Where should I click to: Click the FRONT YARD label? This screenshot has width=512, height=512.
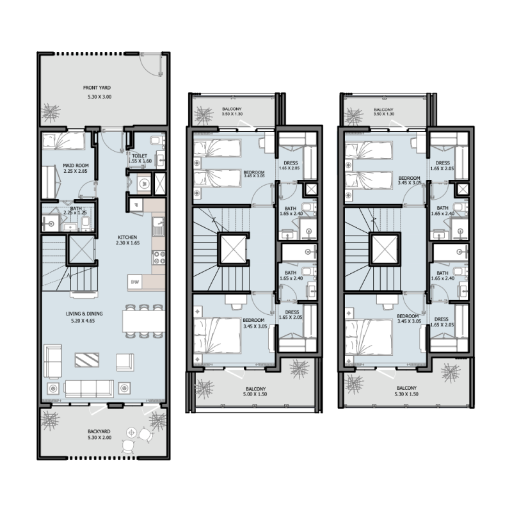pyautogui.click(x=99, y=88)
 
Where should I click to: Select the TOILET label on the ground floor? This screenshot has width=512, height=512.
pyautogui.click(x=140, y=156)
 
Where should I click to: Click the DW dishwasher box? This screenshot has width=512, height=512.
pyautogui.click(x=135, y=281)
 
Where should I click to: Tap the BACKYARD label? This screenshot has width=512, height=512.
pyautogui.click(x=99, y=432)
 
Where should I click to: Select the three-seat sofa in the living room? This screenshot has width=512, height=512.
pyautogui.click(x=90, y=387)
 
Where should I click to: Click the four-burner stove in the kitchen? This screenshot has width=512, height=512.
pyautogui.click(x=157, y=258)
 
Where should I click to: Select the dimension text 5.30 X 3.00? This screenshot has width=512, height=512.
pyautogui.click(x=99, y=97)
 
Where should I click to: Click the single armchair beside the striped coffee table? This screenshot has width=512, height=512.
pyautogui.click(x=124, y=362)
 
